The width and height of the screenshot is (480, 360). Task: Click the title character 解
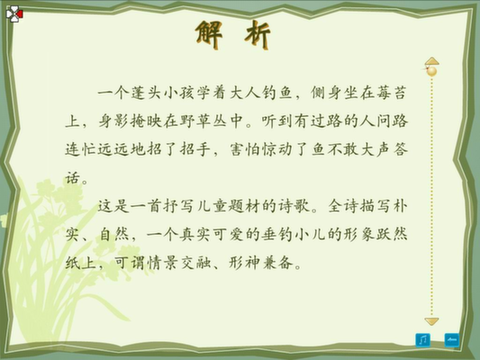point(209,34)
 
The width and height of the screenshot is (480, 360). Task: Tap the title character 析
point(258,34)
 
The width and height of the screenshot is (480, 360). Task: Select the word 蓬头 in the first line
point(146,93)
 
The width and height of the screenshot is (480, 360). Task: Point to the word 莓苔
point(392,93)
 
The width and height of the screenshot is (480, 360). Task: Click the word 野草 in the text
point(195,121)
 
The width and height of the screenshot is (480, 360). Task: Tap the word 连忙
point(80,149)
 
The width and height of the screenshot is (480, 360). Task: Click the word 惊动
point(277,149)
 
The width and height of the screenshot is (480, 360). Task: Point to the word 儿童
point(212,206)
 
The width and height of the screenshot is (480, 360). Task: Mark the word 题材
point(245,206)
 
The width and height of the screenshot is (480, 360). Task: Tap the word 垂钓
point(277,235)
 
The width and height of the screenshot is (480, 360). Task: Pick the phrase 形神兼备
point(260,263)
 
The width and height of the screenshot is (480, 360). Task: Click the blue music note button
point(422,340)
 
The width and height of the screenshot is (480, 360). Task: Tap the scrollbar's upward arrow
point(432,60)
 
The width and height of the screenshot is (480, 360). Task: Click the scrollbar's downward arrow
point(432,321)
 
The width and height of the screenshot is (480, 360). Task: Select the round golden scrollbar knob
point(432,71)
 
